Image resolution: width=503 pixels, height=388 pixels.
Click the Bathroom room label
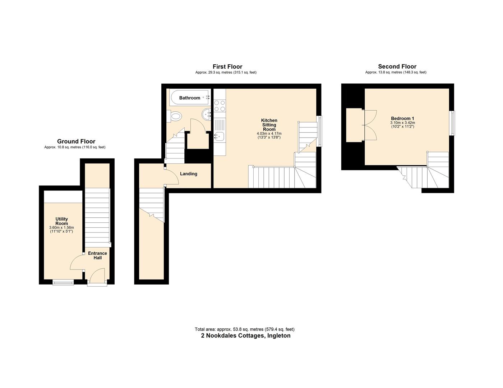(x=189, y=98)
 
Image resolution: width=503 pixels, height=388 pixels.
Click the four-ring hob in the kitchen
(x=220, y=106)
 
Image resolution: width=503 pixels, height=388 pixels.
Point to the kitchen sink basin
(x=220, y=136)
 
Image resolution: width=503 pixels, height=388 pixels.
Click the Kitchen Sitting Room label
(x=269, y=125)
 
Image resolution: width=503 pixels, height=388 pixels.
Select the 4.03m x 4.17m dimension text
(x=269, y=134)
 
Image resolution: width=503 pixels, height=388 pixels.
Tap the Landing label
(x=189, y=174)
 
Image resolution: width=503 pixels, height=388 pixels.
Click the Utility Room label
(x=62, y=221)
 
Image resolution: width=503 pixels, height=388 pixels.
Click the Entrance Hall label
(x=98, y=255)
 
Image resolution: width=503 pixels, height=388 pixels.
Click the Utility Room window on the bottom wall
(x=63, y=282)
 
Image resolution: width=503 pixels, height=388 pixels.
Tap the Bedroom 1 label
(x=402, y=119)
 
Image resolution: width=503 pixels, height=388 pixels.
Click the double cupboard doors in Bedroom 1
(x=370, y=125)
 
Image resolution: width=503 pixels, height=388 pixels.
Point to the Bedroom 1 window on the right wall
(x=452, y=123)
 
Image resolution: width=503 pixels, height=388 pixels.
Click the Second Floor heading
(x=397, y=66)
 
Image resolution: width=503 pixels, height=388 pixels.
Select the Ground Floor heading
(x=76, y=142)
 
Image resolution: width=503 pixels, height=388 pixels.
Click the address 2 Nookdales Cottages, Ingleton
(x=245, y=336)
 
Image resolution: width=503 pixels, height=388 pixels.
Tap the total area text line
(x=245, y=329)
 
